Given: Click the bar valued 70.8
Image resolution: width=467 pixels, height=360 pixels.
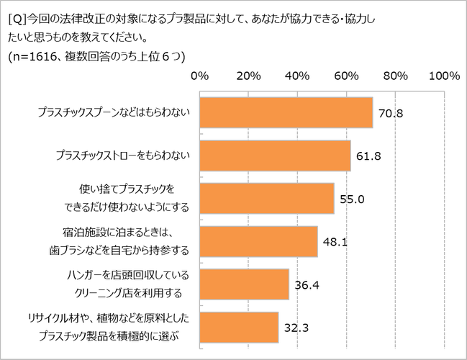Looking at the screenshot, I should click(286, 112).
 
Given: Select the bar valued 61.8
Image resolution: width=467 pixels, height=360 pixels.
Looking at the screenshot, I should click(275, 156).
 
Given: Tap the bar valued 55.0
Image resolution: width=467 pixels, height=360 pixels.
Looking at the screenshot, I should click(266, 199).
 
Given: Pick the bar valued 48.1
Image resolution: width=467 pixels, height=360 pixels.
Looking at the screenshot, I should click(258, 242).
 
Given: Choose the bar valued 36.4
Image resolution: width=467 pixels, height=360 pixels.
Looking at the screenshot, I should click(244, 284).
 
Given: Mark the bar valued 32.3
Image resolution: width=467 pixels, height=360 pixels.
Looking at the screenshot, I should click(239, 327).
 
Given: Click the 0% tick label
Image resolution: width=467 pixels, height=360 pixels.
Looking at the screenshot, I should click(199, 76).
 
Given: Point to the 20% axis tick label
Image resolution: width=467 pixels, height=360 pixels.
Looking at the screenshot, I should click(248, 76).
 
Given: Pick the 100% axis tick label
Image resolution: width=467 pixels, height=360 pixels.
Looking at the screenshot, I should click(443, 76).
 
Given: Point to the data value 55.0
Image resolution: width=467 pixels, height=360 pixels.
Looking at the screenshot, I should click(351, 199).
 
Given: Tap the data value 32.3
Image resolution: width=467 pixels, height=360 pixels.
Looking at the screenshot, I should click(295, 328).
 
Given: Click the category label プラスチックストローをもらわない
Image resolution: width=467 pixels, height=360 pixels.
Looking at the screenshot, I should click(123, 155).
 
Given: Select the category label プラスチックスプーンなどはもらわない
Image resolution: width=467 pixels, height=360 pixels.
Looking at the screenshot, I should click(113, 112).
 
